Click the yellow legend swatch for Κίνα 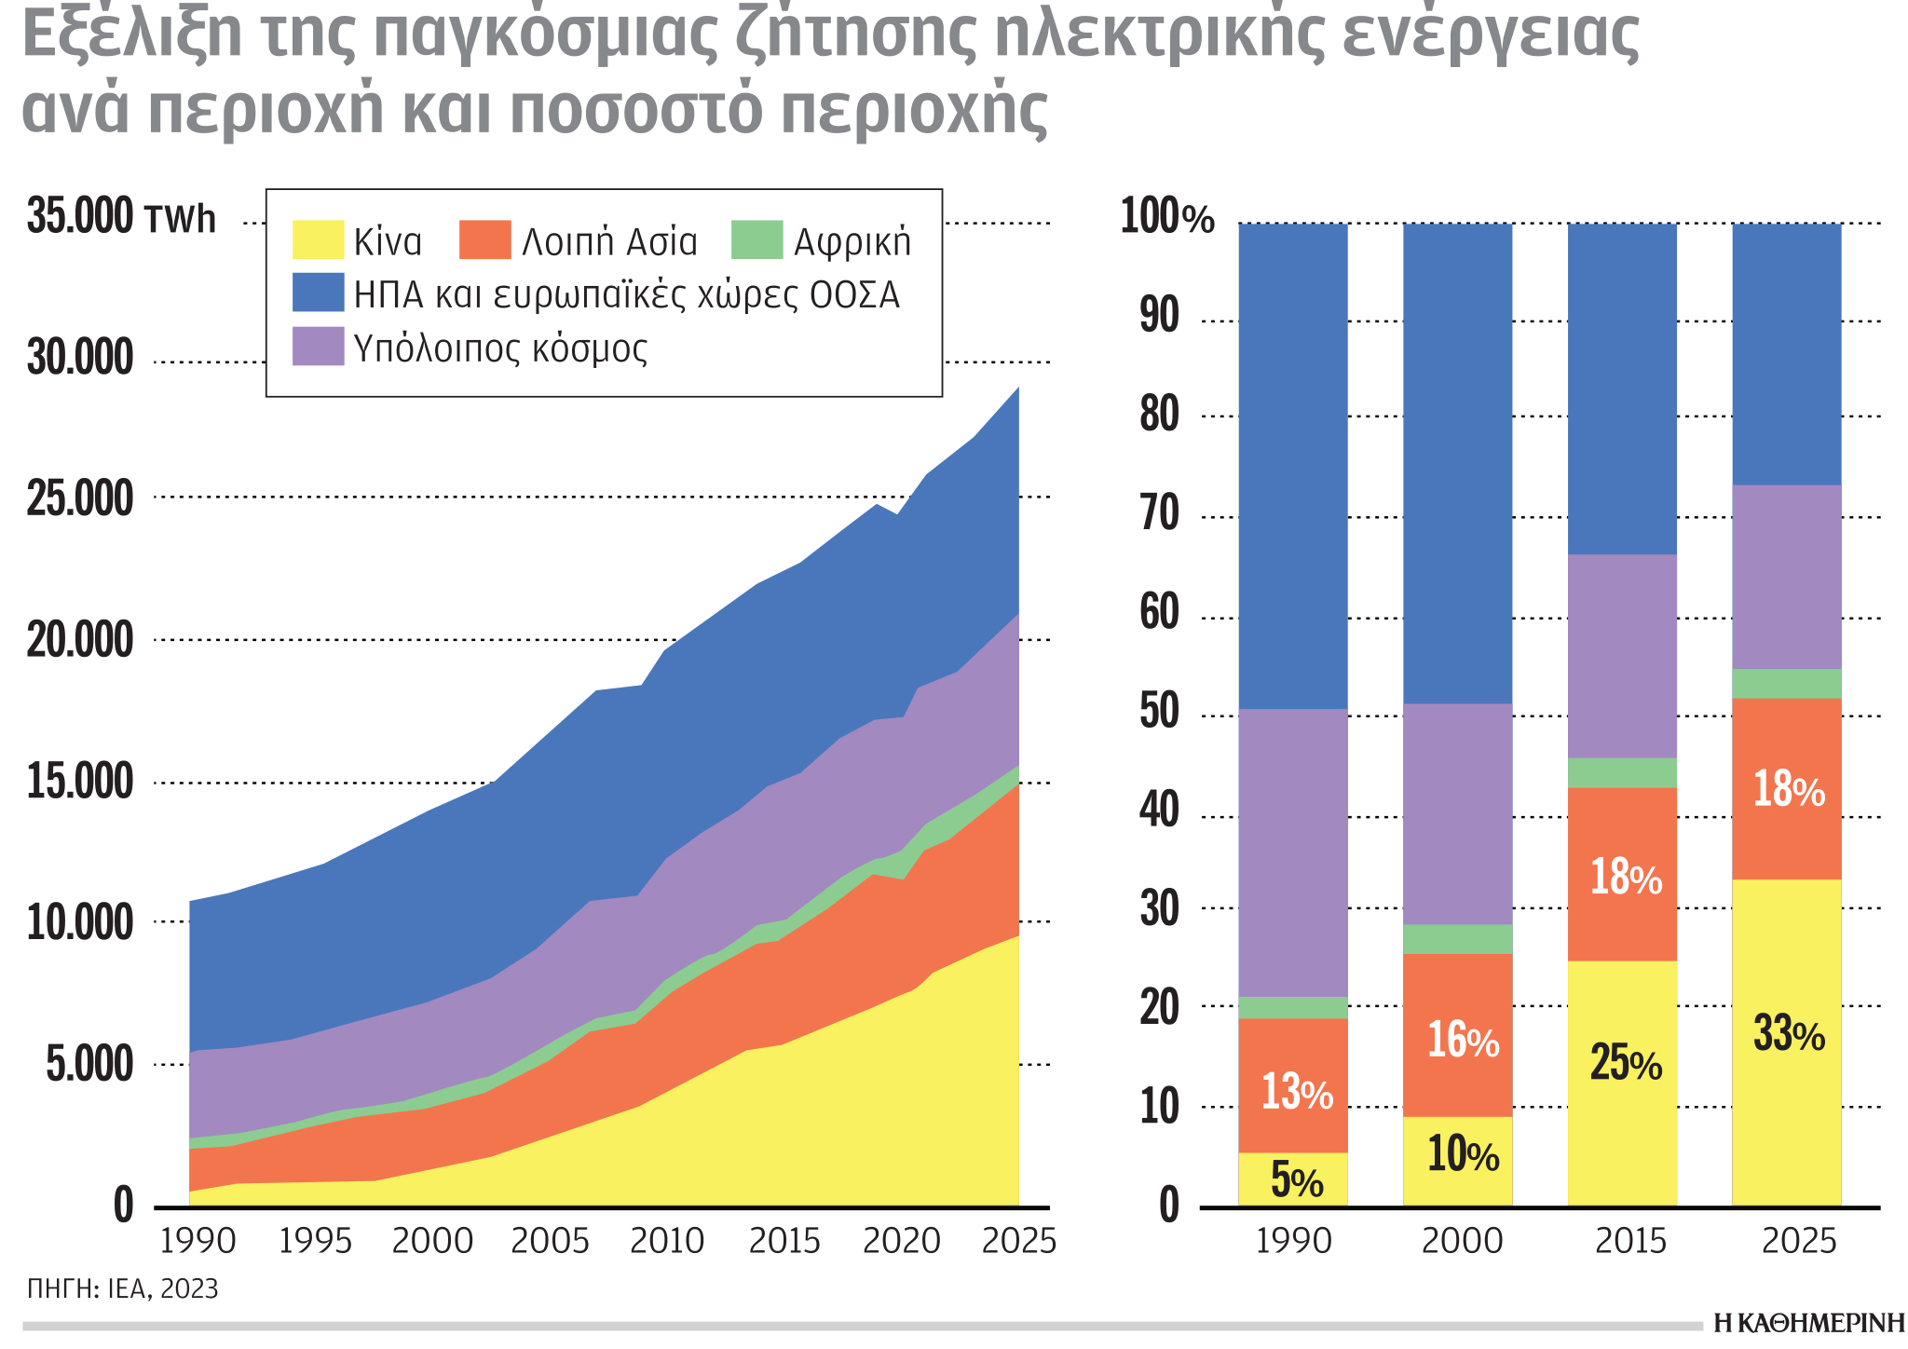coord(318,240)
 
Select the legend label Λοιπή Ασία coord(609,242)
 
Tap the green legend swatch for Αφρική coord(756,240)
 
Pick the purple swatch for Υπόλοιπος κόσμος coord(318,347)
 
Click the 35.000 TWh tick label coord(121,219)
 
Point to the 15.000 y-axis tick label coord(80,783)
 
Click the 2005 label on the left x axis coord(550,1242)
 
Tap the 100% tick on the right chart coord(1166,219)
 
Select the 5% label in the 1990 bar coord(1296,1181)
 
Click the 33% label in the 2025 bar coord(1789,1035)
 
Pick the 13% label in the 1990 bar coord(1296,1092)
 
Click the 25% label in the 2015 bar coord(1625,1064)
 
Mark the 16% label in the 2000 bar coord(1462,1041)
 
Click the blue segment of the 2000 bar coord(1457,466)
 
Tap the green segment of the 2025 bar coord(1786,684)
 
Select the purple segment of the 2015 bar coord(1622,657)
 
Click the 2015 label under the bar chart coord(1630,1242)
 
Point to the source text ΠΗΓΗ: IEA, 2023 coord(123,1289)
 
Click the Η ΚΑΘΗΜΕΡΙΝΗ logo coord(1808,1324)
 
